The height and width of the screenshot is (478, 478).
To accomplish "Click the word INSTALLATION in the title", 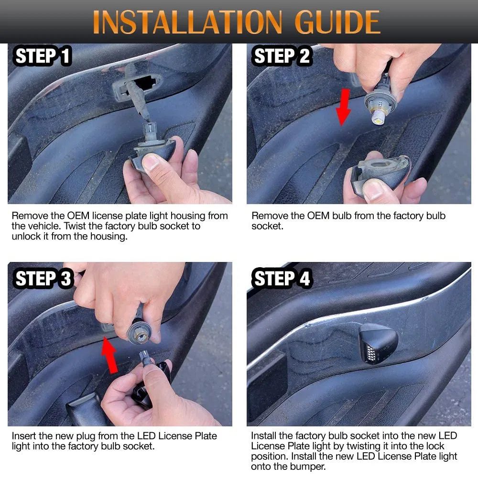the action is [x=187, y=22].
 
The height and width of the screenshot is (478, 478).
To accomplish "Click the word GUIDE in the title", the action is [x=337, y=22].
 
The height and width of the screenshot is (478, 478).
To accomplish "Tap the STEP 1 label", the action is [x=43, y=56].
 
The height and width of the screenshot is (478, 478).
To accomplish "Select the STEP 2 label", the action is [x=281, y=56].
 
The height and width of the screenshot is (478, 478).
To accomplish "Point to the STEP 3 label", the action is [x=43, y=279].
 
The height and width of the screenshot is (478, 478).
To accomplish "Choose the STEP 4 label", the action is [x=281, y=279].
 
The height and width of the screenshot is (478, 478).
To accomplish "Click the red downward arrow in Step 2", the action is [x=344, y=107].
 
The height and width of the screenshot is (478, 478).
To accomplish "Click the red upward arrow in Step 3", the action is [x=110, y=355].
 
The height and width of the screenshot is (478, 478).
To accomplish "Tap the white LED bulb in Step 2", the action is [x=378, y=117].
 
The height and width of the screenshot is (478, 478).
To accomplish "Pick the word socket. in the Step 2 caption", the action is [x=267, y=226].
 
